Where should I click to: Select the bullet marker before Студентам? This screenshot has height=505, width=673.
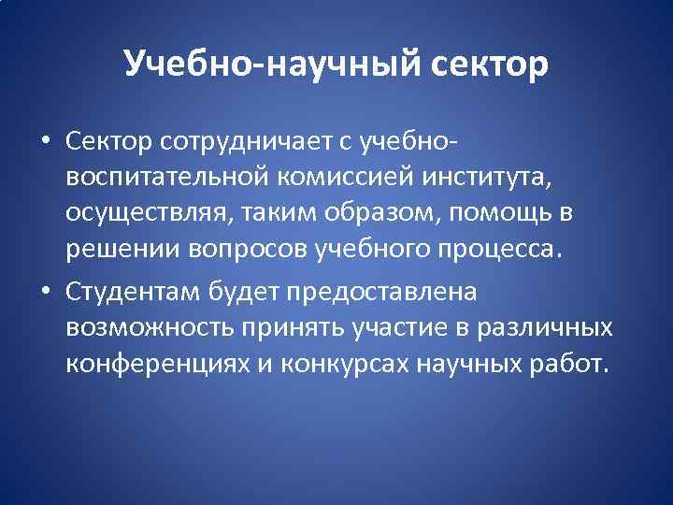[x=45, y=292]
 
